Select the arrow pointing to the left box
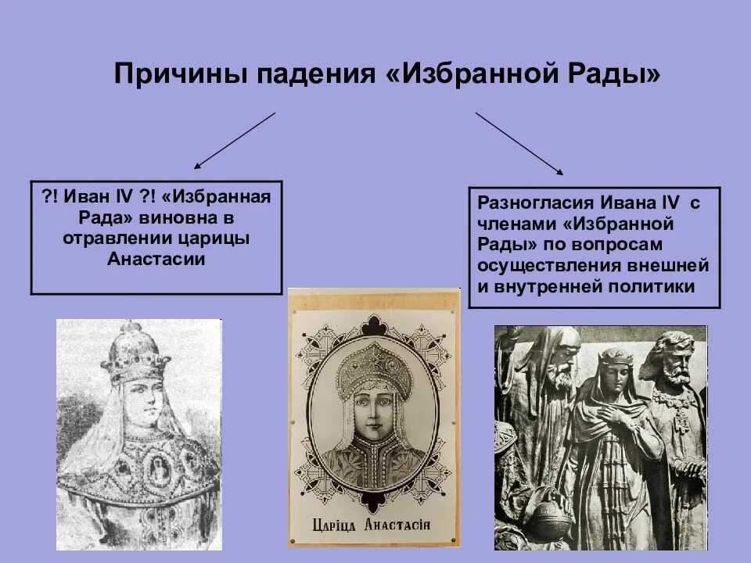[x=235, y=141]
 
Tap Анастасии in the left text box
[x=156, y=259]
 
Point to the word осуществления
[x=538, y=266]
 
